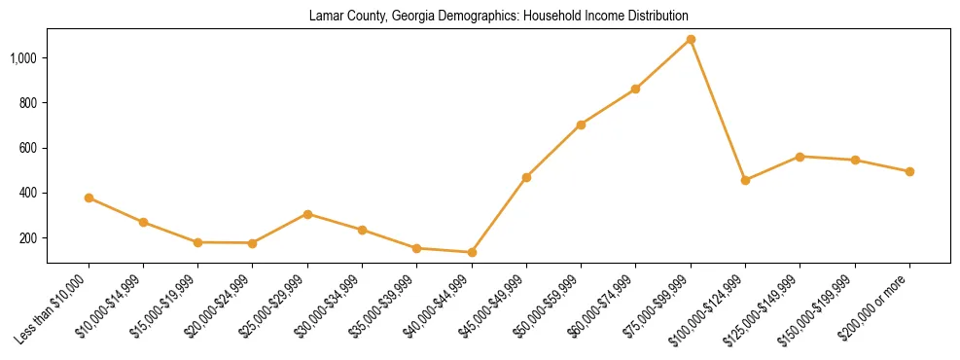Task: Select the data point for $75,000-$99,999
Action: (691, 40)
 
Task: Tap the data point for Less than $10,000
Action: (89, 198)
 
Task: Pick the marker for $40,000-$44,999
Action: (472, 253)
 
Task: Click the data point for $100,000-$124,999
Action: (745, 180)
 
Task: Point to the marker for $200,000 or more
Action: (909, 171)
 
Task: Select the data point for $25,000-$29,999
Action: (307, 214)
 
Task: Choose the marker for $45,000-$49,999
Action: (526, 177)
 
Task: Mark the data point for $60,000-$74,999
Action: (635, 89)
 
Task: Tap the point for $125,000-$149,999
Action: (800, 157)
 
